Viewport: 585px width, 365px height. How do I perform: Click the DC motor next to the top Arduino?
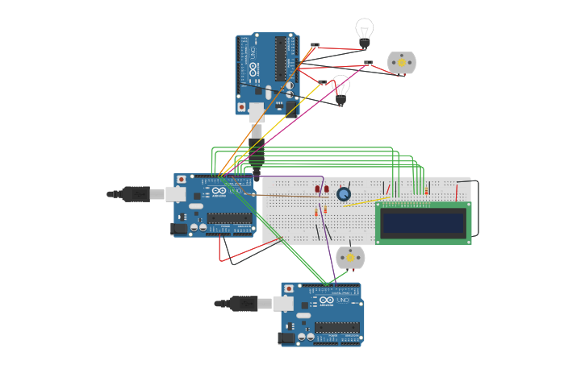(x=401, y=63)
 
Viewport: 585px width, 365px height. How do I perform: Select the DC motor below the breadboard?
(x=350, y=258)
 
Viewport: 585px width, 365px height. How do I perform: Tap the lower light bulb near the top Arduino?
(x=341, y=89)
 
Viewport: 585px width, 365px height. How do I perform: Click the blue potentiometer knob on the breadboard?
(x=344, y=194)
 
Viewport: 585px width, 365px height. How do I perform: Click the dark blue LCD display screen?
(x=423, y=223)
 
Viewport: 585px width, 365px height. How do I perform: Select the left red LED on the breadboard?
(x=318, y=190)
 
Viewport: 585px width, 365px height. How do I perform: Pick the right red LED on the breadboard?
(x=326, y=190)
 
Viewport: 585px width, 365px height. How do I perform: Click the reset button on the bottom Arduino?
(x=289, y=288)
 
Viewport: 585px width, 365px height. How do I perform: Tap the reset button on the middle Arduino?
(x=182, y=179)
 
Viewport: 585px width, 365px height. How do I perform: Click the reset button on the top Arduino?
(x=241, y=106)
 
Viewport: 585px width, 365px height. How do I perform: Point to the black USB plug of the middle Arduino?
(x=133, y=193)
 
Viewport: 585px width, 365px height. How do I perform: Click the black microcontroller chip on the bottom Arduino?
(x=336, y=327)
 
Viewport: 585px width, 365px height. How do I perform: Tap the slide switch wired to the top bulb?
(x=315, y=45)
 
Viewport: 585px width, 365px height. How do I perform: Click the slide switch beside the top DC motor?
(x=368, y=62)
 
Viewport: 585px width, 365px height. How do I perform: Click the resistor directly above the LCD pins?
(x=388, y=190)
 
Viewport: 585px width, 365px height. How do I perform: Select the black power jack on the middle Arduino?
(x=179, y=229)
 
